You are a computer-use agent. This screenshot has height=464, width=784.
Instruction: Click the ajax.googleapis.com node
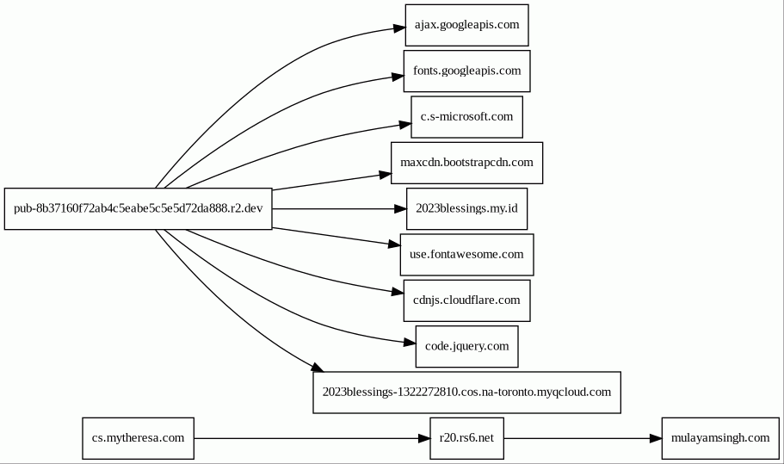pyautogui.click(x=466, y=25)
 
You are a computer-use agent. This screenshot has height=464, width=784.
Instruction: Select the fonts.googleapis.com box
pyautogui.click(x=467, y=71)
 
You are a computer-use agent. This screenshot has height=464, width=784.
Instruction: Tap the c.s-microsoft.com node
pyautogui.click(x=467, y=117)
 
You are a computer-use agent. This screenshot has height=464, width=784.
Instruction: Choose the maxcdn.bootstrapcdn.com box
pyautogui.click(x=467, y=163)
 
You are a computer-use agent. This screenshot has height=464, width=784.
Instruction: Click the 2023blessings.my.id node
pyautogui.click(x=467, y=209)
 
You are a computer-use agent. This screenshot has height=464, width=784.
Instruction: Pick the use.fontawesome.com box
pyautogui.click(x=467, y=255)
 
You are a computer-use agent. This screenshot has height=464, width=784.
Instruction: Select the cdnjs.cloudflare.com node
pyautogui.click(x=467, y=300)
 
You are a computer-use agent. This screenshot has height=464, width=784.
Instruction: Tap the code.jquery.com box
pyautogui.click(x=467, y=347)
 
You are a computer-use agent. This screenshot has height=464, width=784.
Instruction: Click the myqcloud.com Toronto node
pyautogui.click(x=467, y=393)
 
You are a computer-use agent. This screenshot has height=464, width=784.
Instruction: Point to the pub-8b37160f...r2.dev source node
pyautogui.click(x=139, y=209)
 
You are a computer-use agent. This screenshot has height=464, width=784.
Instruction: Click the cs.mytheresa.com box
pyautogui.click(x=139, y=438)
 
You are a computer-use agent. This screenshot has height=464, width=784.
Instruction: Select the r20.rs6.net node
pyautogui.click(x=467, y=438)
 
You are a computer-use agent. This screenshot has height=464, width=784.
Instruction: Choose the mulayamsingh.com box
pyautogui.click(x=720, y=438)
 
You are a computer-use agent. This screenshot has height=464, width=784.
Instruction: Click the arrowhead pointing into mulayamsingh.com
pyautogui.click(x=656, y=438)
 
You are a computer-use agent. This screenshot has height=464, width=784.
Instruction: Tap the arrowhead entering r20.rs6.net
pyautogui.click(x=424, y=438)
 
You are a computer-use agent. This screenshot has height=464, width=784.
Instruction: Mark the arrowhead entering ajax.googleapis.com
pyautogui.click(x=399, y=28)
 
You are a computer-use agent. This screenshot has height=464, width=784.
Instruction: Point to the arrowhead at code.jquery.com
pyautogui.click(x=410, y=343)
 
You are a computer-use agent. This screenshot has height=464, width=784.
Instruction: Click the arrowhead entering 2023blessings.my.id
pyautogui.click(x=400, y=209)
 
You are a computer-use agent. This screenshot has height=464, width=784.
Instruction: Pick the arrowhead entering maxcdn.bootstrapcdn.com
pyautogui.click(x=385, y=175)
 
